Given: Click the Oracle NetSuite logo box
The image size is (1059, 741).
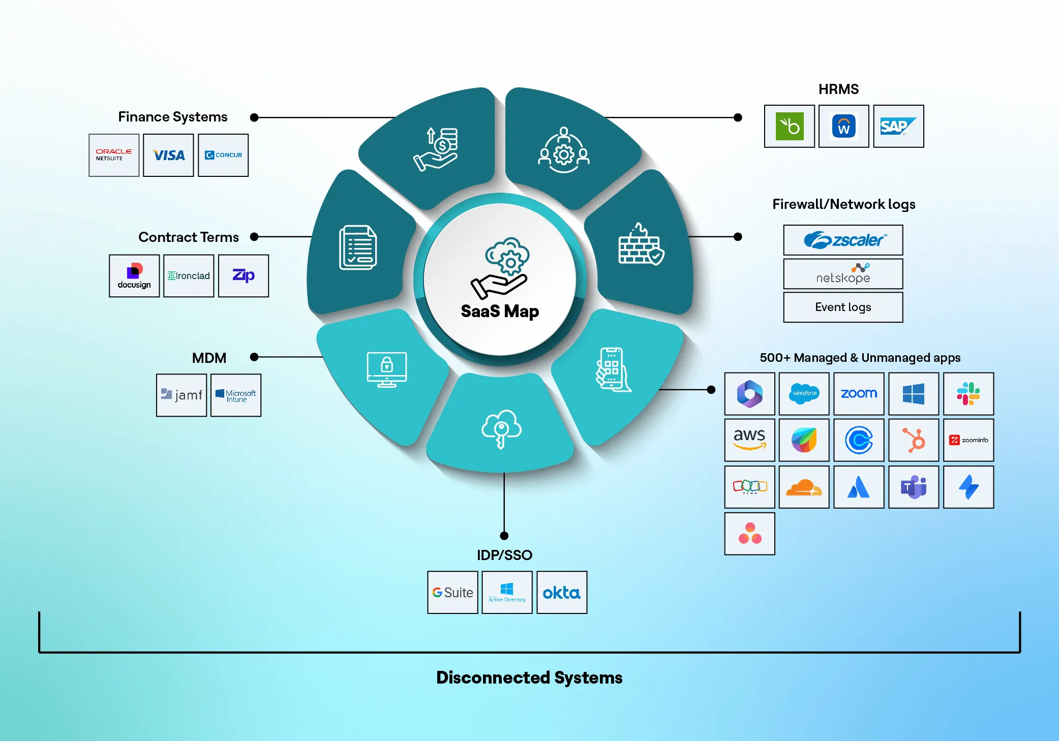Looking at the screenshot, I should (x=114, y=155).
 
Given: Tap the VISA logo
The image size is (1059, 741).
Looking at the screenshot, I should (x=168, y=155).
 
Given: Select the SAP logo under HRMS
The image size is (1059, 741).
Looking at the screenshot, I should (x=898, y=126).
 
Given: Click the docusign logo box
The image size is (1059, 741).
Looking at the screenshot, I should (x=134, y=275).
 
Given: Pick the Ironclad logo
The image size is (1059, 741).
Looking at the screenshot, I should (x=189, y=275).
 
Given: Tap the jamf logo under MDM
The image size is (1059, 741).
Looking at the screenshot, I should (x=181, y=395).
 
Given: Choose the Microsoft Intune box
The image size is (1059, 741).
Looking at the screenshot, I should (x=236, y=395).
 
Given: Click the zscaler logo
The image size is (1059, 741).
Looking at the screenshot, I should (x=843, y=240).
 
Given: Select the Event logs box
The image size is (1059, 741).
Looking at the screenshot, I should (x=843, y=307).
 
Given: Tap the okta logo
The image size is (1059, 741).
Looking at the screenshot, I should (x=561, y=592).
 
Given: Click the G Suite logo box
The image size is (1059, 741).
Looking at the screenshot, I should (x=452, y=592).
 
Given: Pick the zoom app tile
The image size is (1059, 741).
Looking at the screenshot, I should (x=859, y=393).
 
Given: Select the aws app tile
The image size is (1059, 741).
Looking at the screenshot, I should (x=749, y=440).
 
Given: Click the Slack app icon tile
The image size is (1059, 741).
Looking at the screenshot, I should (x=968, y=393).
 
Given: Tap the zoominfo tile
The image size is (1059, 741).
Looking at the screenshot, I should (x=968, y=440).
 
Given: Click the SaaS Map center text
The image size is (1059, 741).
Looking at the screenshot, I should (x=500, y=311).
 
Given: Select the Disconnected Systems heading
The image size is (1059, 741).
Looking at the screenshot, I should (x=529, y=677).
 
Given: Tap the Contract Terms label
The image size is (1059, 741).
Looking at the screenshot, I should (x=188, y=237).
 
